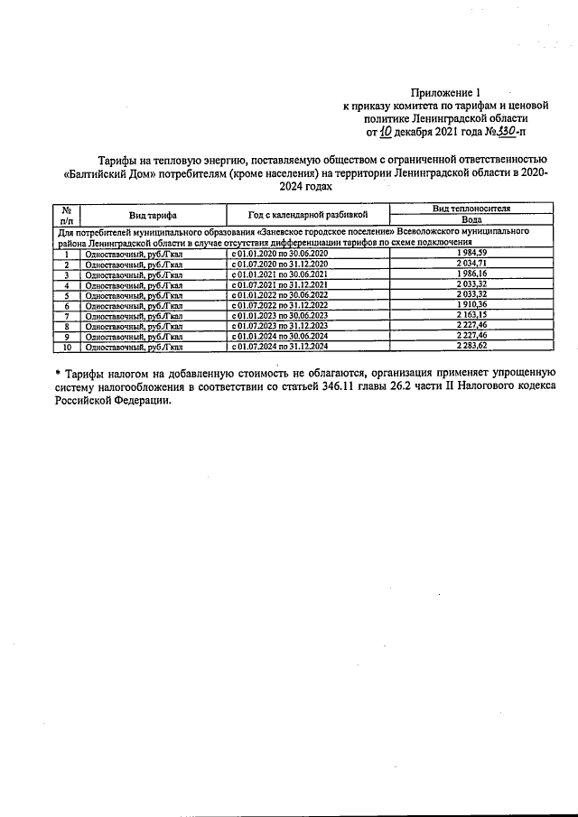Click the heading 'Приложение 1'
(447, 92)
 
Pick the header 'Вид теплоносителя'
(471, 209)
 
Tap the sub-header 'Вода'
(471, 220)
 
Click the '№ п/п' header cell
(66, 215)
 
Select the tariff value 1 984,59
(471, 254)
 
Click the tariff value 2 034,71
(471, 264)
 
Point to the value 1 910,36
(471, 306)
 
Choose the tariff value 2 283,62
(471, 347)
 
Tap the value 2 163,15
(471, 316)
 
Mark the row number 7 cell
(66, 316)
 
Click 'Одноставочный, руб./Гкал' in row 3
(133, 274)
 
